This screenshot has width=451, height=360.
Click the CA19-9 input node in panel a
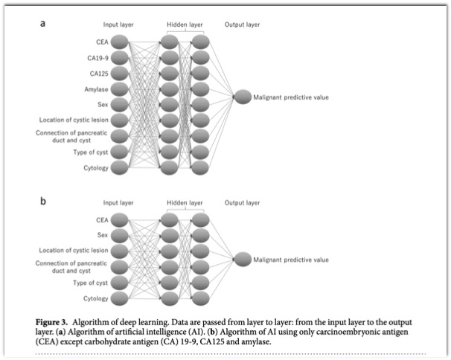pos(119,58)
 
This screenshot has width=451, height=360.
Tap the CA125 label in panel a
pos(99,74)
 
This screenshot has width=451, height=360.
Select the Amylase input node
pos(119,89)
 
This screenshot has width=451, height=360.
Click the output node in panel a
pos(243,97)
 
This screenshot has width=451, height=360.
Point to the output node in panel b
pos(243,259)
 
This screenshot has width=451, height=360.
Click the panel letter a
pos(42,23)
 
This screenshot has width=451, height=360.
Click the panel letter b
pos(43,201)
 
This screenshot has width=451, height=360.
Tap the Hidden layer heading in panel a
pos(185,25)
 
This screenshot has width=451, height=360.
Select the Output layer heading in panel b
pos(242,203)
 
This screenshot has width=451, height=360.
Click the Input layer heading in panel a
pos(118,25)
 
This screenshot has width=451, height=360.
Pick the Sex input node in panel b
pos(119,236)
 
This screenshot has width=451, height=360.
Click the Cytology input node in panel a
pos(119,167)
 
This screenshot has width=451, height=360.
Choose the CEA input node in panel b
pos(119,220)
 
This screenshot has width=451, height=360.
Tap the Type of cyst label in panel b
pos(90,283)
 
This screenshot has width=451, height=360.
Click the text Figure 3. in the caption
pos(52,322)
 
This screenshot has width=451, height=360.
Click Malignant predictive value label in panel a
pos(291,97)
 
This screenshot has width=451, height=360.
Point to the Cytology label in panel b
pos(96,298)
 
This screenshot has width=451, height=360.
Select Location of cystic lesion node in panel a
pos(119,120)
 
